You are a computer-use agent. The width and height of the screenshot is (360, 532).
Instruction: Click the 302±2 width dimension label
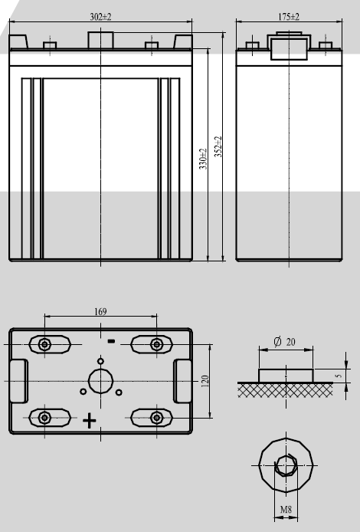(x=101, y=15)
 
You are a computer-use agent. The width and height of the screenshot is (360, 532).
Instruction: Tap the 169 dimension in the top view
(x=101, y=311)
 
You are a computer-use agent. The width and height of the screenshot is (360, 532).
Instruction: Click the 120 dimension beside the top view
(x=205, y=381)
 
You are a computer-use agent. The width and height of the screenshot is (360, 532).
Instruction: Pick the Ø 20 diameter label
(x=285, y=342)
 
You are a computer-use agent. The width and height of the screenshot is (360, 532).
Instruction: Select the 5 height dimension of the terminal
(x=338, y=376)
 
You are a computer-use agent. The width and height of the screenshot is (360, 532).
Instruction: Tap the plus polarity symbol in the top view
(x=90, y=420)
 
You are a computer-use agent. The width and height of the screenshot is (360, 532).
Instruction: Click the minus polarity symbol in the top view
(x=111, y=340)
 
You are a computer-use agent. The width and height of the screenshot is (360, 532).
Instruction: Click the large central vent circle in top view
(x=100, y=381)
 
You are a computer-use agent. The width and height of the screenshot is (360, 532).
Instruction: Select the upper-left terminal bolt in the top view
(x=44, y=343)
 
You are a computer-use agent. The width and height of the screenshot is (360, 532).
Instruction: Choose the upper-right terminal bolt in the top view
(x=157, y=343)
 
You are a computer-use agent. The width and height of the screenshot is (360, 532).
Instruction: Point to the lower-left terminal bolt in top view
(x=44, y=417)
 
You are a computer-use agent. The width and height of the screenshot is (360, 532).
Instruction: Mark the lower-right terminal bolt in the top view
(x=157, y=417)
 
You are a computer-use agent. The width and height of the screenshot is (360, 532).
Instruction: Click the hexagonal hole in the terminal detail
(x=286, y=465)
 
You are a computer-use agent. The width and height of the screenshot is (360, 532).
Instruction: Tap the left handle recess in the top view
(x=18, y=380)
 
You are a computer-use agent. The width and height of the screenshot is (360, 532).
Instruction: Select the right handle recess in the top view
(x=184, y=380)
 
